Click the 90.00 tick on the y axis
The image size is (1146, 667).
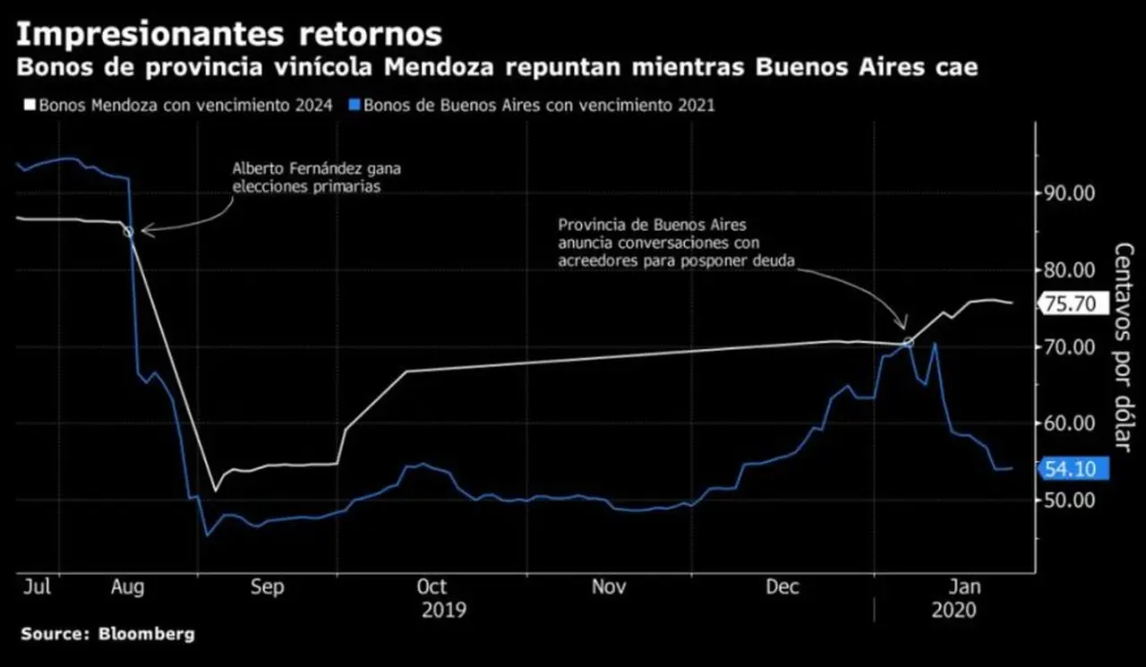click(1069, 193)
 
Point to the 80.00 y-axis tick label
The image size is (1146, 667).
click(1069, 270)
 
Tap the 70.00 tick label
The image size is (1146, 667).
click(1069, 347)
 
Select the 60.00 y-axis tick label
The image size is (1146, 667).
click(1069, 423)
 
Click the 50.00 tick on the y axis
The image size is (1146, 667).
click(1069, 500)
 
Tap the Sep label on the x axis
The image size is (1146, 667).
click(267, 587)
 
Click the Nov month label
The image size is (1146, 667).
click(609, 586)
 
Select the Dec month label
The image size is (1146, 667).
click(783, 586)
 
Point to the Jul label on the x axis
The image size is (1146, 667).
click(38, 586)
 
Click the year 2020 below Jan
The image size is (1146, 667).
click(954, 611)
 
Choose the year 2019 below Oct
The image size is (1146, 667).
click(443, 611)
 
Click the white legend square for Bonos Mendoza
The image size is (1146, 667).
click(30, 106)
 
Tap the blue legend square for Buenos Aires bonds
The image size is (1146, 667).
click(354, 106)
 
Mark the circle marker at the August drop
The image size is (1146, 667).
click(128, 232)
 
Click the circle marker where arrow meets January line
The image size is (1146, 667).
click(908, 343)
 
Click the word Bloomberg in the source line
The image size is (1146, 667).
click(147, 634)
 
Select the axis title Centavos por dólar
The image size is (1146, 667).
click(1124, 347)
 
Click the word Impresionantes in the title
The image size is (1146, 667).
click(150, 35)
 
